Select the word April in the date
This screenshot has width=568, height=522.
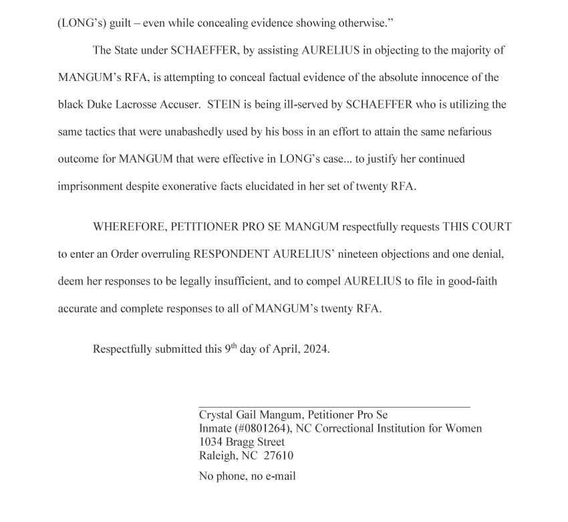coord(285,349)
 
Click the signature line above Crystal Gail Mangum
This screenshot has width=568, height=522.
coord(334,406)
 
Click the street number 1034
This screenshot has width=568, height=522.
coord(212,442)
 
